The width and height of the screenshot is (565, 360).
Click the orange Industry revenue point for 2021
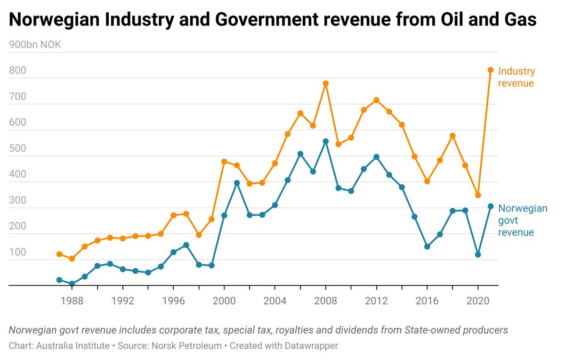coord(490,70)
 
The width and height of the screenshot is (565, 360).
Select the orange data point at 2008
coord(325,83)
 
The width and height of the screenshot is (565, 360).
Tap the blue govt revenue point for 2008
coord(325,141)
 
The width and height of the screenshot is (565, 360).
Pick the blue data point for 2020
coord(478,254)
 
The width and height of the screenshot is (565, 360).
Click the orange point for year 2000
coord(224,162)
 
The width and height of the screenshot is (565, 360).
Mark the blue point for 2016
coord(427,246)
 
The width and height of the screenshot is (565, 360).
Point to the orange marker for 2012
coord(376,100)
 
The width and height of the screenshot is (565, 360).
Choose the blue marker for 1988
coord(72,284)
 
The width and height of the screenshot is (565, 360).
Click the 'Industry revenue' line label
coord(517,77)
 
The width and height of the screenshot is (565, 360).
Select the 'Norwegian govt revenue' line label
coord(522,220)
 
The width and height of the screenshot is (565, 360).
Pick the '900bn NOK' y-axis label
coord(35,45)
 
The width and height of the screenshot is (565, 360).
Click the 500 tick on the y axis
coord(18,156)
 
